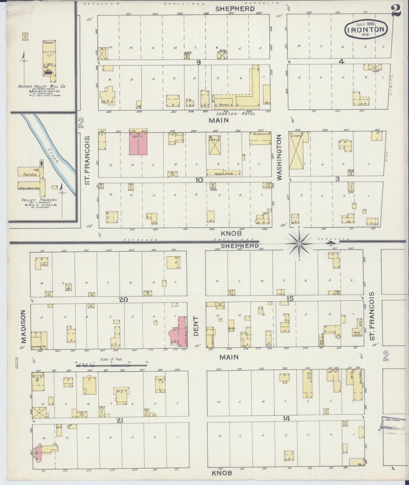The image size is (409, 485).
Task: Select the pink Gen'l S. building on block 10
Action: click(138, 144)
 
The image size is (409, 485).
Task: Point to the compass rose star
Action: click(299, 243)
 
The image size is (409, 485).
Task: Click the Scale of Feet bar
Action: click(112, 365)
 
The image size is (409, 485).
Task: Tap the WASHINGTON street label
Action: click(280, 157)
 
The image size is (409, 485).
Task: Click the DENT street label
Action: click(196, 326)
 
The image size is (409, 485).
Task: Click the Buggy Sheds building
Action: click(224, 173)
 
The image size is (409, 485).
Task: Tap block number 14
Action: click(286, 418)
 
